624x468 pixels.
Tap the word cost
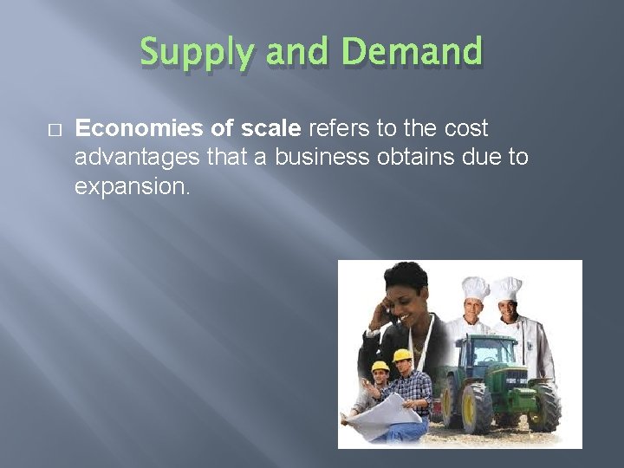pos(465,129)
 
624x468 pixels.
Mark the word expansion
pos(130,186)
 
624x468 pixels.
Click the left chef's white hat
pos(475,289)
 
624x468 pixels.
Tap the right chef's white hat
pos(508,288)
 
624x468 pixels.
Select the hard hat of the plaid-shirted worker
pos(401,354)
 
